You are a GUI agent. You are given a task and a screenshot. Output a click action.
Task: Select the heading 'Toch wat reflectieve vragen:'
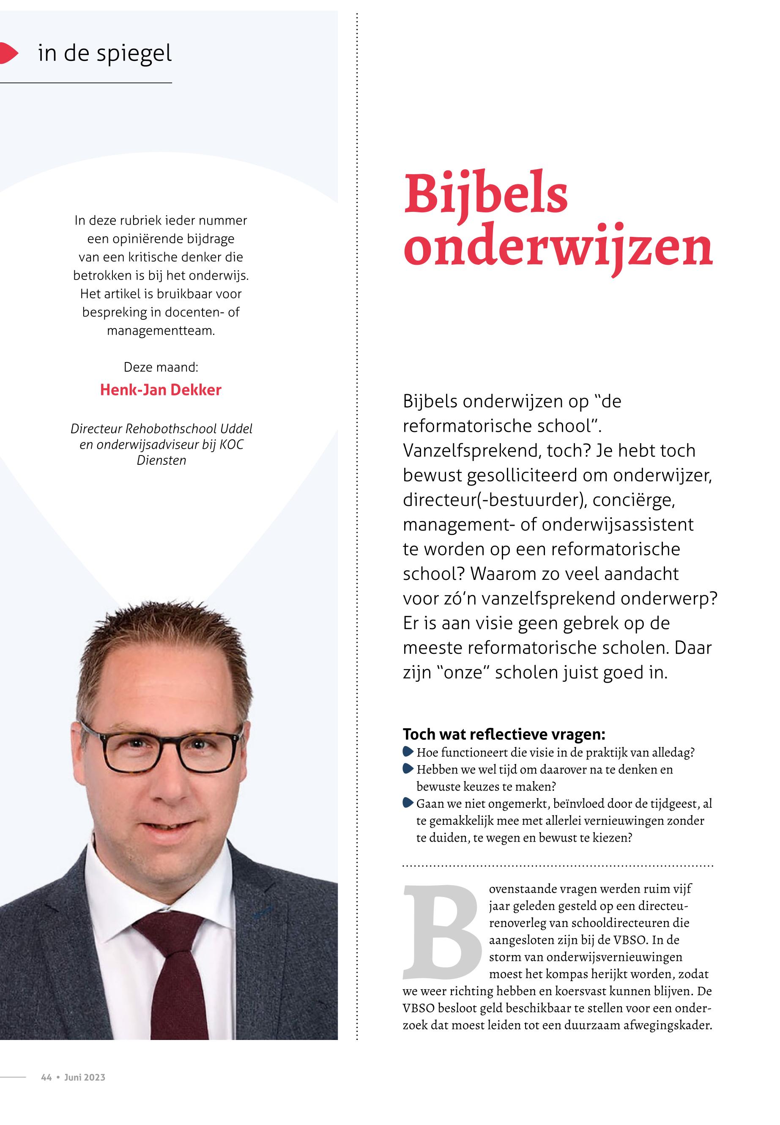pos(504,734)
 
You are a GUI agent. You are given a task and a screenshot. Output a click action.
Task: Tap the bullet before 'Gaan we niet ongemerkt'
pos(408,803)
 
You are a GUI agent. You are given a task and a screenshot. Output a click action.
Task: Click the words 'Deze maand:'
pos(161,367)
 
